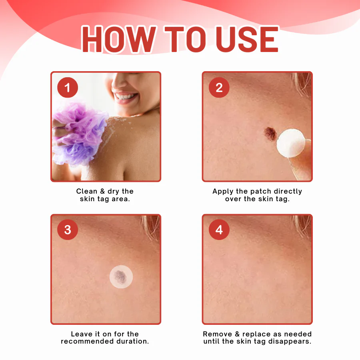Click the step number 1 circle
[x=67, y=88]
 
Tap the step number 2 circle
[x=219, y=88]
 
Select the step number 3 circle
[x=67, y=230]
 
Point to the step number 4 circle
[x=219, y=230]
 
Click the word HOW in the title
[x=118, y=40]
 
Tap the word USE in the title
[x=247, y=40]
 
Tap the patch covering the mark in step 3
[x=121, y=276]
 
